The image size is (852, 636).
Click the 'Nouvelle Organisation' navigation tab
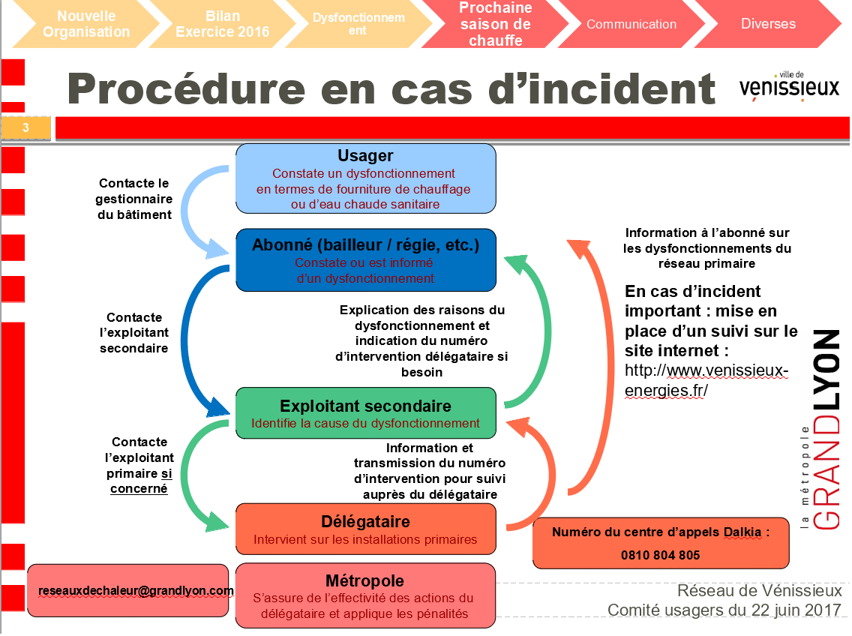pos(86,24)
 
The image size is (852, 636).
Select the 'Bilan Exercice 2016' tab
pos(223,24)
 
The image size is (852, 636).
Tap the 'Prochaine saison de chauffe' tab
pos(495,24)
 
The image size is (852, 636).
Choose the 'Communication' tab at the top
pos(631,24)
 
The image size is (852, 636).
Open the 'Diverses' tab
pos(768,24)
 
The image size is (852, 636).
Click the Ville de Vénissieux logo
pos(789,85)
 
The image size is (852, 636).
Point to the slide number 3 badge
pos(26,128)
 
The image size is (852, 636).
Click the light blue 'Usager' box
pos(365,178)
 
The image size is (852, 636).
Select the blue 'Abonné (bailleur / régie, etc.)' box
pos(365,259)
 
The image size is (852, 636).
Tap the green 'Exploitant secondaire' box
pos(365,413)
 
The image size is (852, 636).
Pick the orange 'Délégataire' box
pos(365,529)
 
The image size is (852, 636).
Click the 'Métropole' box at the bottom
pos(365,595)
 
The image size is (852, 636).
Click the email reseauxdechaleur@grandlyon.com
pos(136,591)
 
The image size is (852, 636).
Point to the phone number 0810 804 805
pos(661,556)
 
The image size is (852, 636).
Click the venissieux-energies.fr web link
pos(706,381)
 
